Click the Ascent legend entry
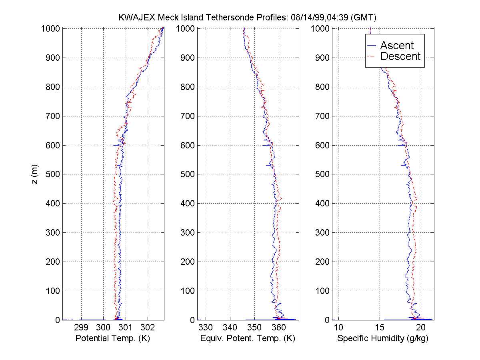coord(397,45)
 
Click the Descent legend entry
coord(400,56)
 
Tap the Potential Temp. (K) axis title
coord(112,338)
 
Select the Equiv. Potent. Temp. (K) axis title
coord(248,338)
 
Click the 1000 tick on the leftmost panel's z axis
coord(51,28)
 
